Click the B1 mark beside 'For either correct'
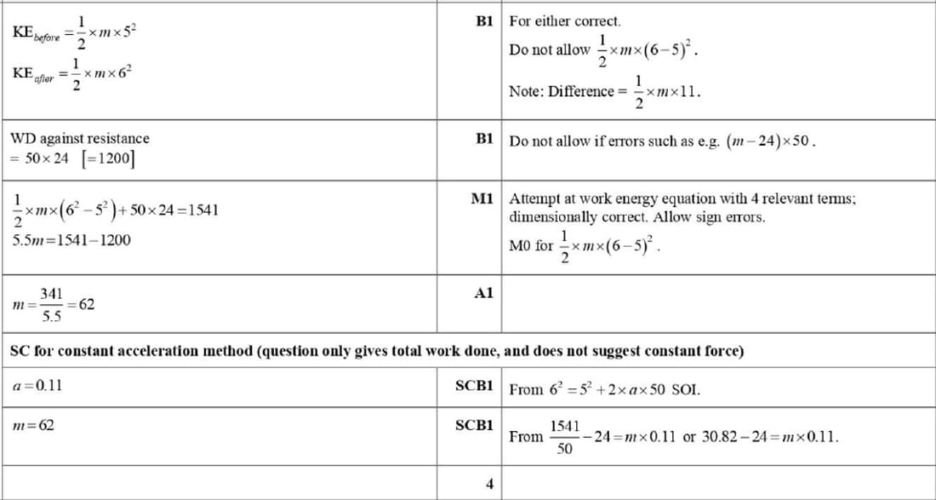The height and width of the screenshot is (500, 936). click(485, 20)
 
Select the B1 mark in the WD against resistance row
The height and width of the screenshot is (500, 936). click(485, 139)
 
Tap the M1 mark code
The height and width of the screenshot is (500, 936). click(482, 198)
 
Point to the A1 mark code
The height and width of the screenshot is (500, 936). click(484, 293)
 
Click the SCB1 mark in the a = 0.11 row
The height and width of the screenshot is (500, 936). click(474, 385)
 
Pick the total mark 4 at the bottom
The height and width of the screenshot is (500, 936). click(489, 484)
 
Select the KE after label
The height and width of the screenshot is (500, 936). click(31, 74)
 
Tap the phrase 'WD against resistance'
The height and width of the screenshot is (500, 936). click(79, 138)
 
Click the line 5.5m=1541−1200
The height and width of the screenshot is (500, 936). click(71, 240)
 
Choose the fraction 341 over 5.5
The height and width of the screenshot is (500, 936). click(51, 304)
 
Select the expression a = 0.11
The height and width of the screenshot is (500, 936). click(38, 385)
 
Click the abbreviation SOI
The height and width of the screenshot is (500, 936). click(686, 390)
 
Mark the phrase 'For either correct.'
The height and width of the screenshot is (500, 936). click(564, 20)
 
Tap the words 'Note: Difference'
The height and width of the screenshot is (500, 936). click(561, 91)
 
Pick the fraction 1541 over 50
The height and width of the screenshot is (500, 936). click(564, 436)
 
